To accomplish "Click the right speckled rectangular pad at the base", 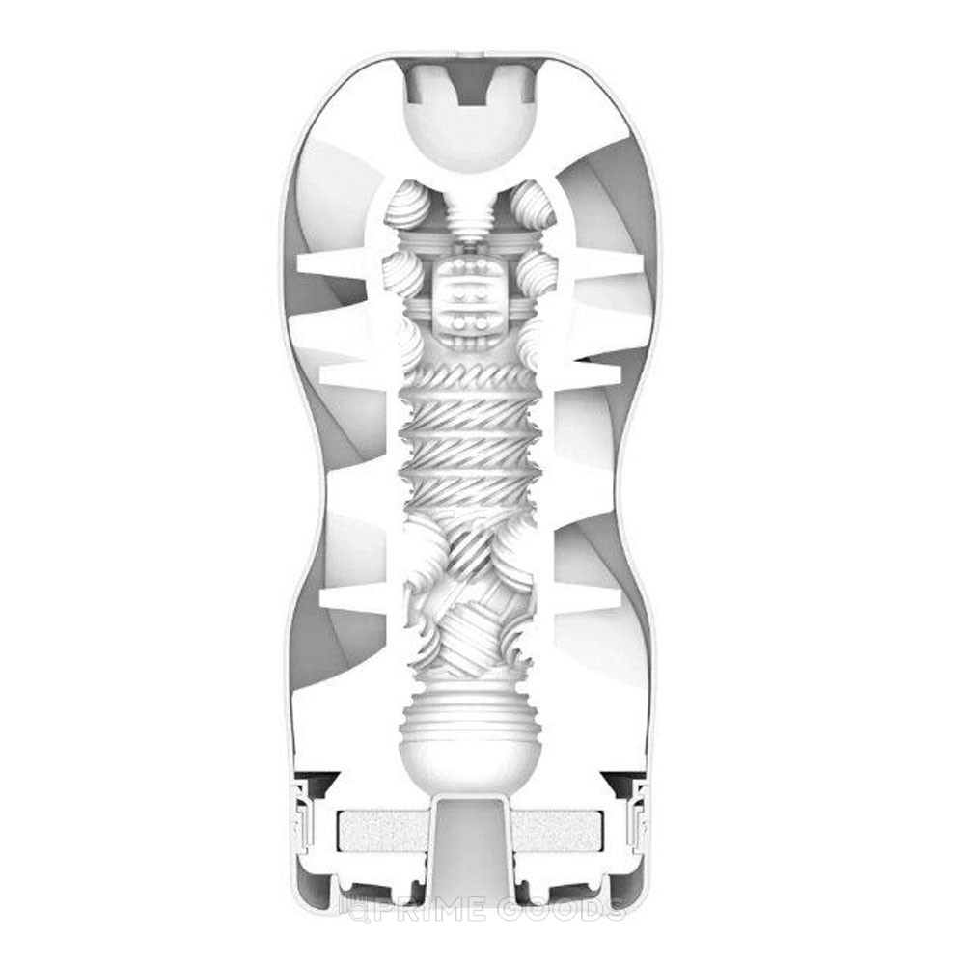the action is click(557, 831).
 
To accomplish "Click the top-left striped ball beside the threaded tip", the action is click(405, 207).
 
